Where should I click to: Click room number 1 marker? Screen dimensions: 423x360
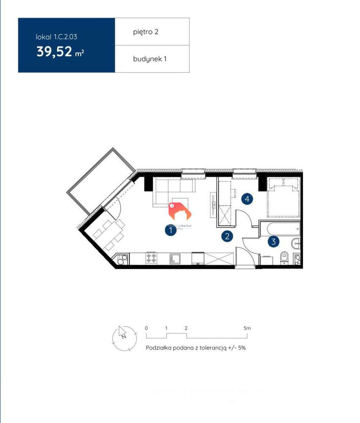coord(170,230)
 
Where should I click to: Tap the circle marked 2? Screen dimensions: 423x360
coord(227,236)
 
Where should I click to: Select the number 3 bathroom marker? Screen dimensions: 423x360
coord(274,242)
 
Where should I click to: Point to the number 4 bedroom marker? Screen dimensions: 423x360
coord(247,198)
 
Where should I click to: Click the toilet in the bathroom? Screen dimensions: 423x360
coord(284,257)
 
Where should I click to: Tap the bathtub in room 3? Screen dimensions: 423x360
coord(280,229)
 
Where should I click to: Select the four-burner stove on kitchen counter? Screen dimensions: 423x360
coord(151,258)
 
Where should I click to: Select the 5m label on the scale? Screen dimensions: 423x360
coord(247,328)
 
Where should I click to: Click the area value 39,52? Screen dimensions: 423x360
coord(54,52)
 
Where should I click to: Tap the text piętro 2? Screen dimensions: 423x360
coord(146,32)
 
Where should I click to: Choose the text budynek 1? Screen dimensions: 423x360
coord(150,59)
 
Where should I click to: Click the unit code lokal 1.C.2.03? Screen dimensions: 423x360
coord(57,37)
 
